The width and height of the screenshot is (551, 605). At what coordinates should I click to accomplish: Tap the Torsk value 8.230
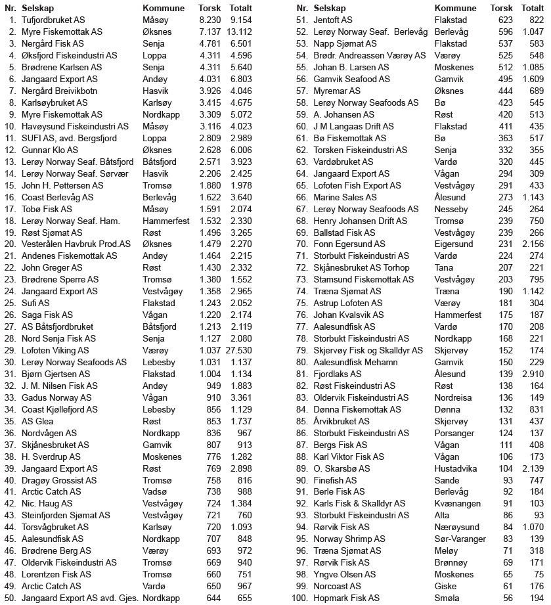coord(210,20)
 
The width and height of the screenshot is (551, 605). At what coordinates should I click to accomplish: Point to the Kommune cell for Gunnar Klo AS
coord(157,150)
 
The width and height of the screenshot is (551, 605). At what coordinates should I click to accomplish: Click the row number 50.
coord(10,598)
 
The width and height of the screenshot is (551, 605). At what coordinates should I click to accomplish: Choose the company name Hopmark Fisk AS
coord(346,598)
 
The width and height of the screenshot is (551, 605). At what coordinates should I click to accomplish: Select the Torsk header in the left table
coord(209,8)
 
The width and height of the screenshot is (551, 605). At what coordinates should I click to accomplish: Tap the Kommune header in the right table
coord(455,8)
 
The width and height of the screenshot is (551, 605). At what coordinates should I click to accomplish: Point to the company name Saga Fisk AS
coord(47,315)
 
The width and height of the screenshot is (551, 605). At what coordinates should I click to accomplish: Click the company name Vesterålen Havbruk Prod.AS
coord(70,244)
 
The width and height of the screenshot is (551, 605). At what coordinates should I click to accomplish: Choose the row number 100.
coord(300,598)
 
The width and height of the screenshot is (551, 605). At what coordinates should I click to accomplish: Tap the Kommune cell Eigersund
coord(454,244)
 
